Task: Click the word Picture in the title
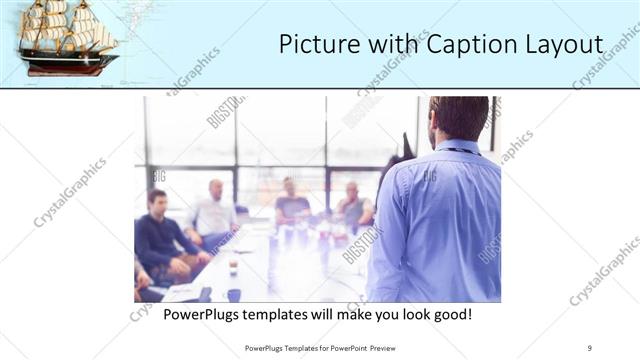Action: pyautogui.click(x=316, y=45)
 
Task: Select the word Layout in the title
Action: pyautogui.click(x=564, y=45)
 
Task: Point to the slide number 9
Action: pyautogui.click(x=590, y=348)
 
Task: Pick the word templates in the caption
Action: pyautogui.click(x=293, y=315)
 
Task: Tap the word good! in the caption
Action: pyautogui.click(x=449, y=315)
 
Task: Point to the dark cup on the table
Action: pyautogui.click(x=233, y=294)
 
